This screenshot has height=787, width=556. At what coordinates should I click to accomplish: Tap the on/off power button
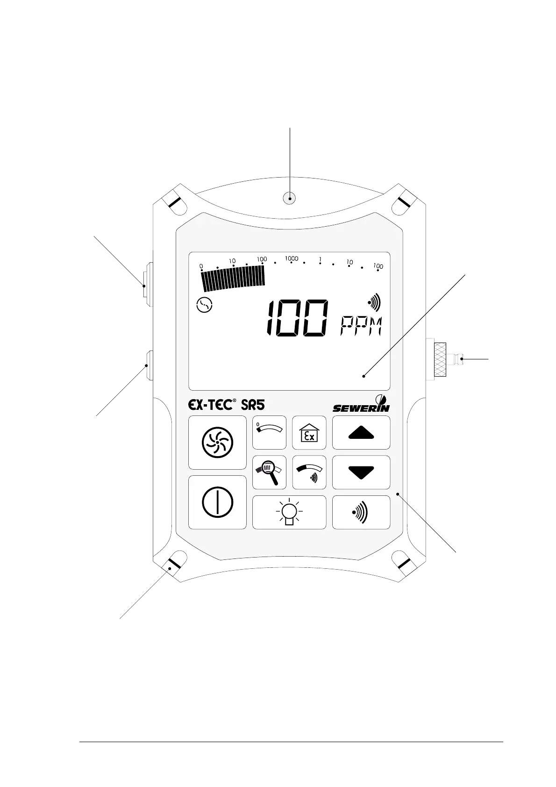[217, 502]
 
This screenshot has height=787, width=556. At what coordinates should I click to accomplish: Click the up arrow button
[361, 433]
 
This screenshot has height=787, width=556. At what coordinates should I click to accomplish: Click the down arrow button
[361, 472]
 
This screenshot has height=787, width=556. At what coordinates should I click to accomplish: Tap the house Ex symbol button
[309, 433]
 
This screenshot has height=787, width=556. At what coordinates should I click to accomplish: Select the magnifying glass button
[270, 472]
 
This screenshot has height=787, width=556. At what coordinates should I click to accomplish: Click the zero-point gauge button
[270, 433]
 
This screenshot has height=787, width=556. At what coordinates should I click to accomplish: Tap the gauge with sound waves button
[309, 472]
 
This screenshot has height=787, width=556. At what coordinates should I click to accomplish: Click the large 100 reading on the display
[297, 319]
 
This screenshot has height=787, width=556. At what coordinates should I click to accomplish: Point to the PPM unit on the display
[360, 326]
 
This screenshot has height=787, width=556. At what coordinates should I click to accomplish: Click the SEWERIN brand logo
[361, 405]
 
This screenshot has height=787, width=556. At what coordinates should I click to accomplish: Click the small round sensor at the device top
[290, 199]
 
